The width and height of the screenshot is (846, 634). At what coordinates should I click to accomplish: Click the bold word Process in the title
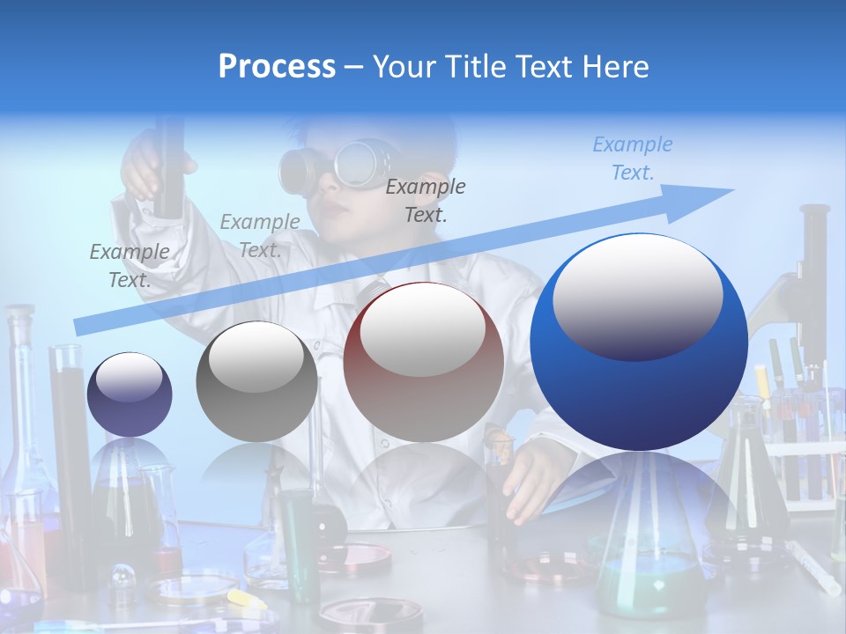(x=277, y=66)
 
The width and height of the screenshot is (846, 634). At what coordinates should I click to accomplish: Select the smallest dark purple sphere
(x=130, y=394)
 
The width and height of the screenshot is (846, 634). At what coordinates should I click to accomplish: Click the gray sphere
(x=256, y=381)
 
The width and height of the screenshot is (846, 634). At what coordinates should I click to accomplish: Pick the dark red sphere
(x=424, y=362)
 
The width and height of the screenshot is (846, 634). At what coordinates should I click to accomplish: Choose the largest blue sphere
(x=639, y=342)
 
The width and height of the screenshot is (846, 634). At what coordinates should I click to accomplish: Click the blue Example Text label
(x=632, y=158)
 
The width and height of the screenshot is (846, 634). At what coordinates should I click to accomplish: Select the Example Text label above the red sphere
(x=426, y=201)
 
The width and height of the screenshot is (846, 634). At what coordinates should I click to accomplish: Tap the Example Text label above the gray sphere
(x=259, y=236)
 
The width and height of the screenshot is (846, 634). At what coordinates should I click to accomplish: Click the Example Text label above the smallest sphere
(x=130, y=266)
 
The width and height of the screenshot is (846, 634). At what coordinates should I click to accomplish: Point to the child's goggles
(x=335, y=163)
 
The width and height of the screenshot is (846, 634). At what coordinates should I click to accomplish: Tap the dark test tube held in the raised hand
(x=168, y=167)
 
